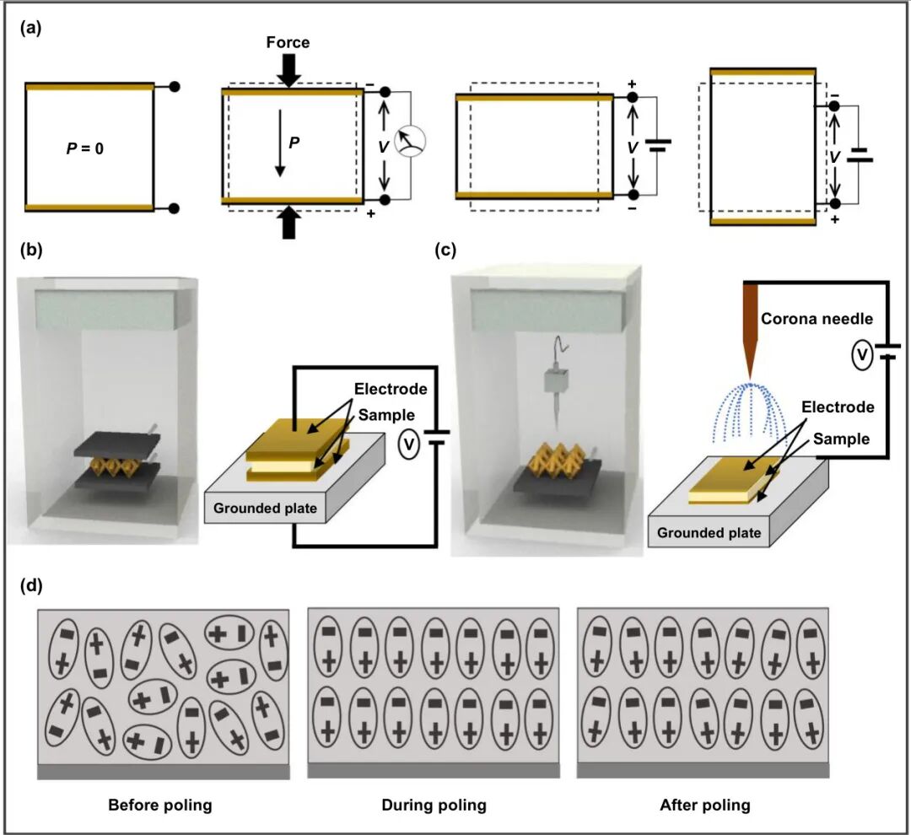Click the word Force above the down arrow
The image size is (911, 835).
tap(288, 42)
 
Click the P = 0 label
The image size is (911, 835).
tap(85, 148)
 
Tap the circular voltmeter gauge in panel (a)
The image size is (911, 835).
tap(410, 141)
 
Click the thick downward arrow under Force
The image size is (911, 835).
tap(288, 70)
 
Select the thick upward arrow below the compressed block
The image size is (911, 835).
tap(288, 223)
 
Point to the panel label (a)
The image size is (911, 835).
tap(31, 28)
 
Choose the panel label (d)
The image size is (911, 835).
tap(31, 585)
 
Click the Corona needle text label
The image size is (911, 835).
tap(817, 319)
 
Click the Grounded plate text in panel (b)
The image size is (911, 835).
tap(265, 509)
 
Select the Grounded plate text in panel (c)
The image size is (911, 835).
tap(709, 533)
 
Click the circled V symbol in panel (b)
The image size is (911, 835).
tap(410, 444)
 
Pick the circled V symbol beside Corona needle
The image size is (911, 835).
tap(862, 354)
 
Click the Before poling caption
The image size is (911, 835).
tap(160, 805)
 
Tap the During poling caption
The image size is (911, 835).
tap(434, 805)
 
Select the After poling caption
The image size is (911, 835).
tap(705, 805)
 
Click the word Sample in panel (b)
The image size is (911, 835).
tap(386, 415)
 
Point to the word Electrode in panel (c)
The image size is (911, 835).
tap(838, 407)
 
